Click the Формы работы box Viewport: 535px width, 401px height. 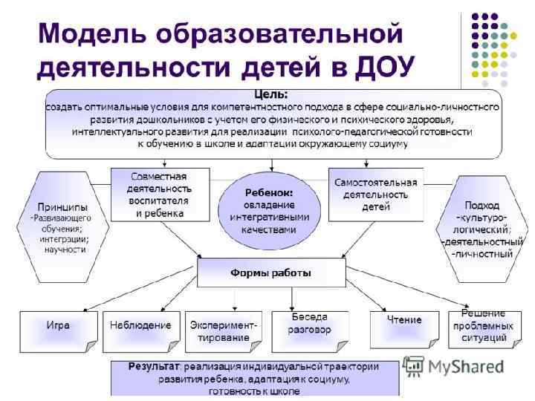pyautogui.click(x=270, y=273)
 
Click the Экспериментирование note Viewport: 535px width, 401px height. pyautogui.click(x=224, y=331)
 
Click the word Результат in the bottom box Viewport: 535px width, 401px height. pyautogui.click(x=154, y=367)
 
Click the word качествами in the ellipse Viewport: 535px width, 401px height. pyautogui.click(x=269, y=230)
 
